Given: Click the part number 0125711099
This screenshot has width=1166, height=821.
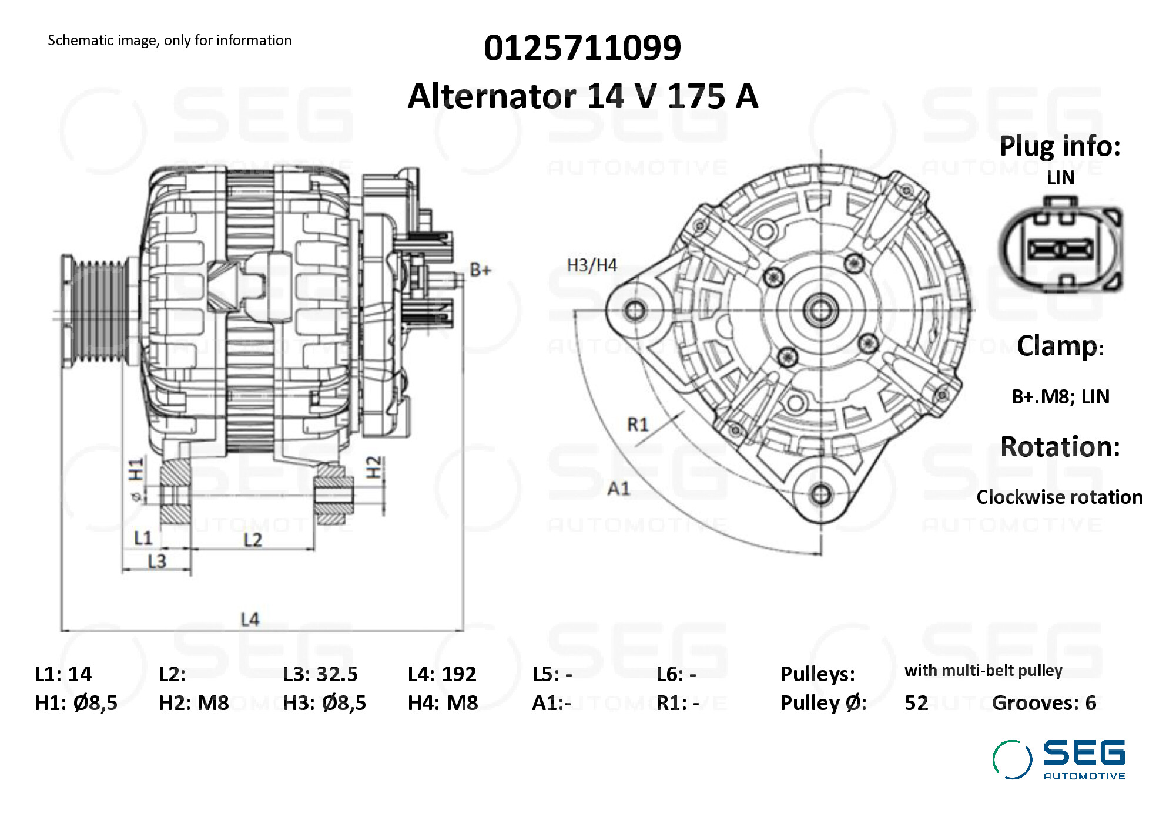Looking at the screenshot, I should tap(582, 48).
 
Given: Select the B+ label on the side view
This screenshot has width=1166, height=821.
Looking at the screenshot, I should tap(480, 270).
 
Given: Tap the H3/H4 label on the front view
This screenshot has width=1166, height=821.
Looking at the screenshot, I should tap(591, 265).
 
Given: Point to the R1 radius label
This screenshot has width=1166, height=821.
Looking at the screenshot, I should tap(638, 424).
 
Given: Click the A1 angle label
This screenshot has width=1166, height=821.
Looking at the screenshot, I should tap(618, 489).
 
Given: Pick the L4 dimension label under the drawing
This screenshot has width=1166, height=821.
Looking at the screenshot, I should tap(250, 619).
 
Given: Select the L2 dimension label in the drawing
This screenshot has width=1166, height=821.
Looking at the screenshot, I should tap(253, 540).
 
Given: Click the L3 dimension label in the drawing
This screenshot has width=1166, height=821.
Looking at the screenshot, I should tap(157, 562).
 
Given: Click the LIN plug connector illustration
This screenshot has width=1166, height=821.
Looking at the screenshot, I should tap(1061, 247).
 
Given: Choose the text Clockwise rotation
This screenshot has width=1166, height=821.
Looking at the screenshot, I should tap(1059, 497).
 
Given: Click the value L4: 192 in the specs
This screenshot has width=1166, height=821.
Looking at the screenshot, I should tap(442, 674).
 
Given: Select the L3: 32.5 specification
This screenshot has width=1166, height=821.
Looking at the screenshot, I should tap(320, 674).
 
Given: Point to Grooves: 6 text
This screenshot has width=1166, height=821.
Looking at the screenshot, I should tap(1044, 703).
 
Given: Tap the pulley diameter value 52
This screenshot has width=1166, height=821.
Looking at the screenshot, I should tap(916, 703).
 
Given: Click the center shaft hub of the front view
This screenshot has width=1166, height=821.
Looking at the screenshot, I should tap(821, 310).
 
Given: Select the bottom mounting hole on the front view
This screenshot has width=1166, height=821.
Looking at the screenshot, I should tap(821, 494).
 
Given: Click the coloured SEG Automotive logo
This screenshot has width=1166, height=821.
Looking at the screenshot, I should tap(1058, 759).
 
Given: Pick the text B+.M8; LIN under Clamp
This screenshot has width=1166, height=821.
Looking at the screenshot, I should tap(1060, 397).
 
